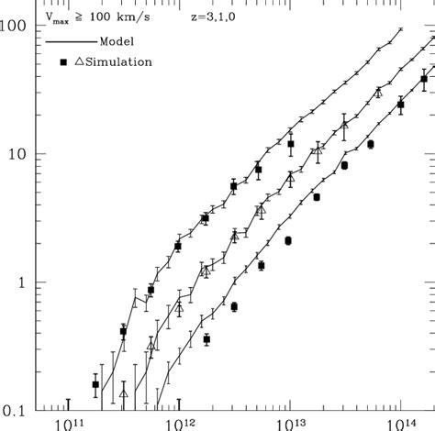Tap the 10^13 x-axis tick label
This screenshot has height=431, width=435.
[292, 423]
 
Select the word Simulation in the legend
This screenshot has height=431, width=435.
[119, 61]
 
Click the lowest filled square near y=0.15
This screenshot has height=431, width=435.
[95, 384]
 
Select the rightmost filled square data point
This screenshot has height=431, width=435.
[423, 80]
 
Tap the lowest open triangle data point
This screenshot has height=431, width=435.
[124, 393]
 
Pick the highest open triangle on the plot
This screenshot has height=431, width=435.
[377, 93]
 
